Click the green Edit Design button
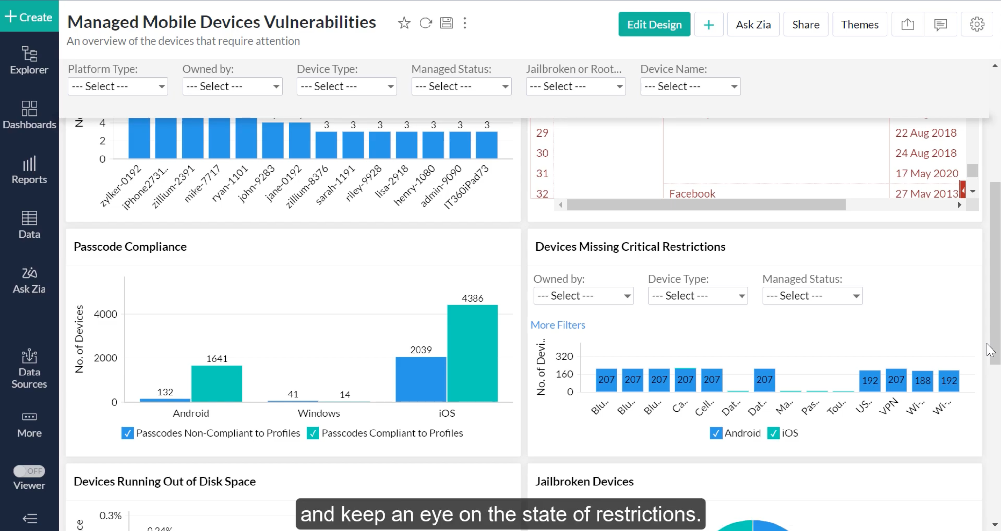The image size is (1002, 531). pos(654,25)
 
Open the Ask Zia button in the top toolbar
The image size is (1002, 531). pos(753,25)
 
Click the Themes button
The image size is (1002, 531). pos(859,25)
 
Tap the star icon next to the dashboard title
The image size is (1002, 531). pos(404,23)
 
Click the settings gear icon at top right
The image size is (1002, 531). pos(976,25)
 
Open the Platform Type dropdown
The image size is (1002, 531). pos(117,86)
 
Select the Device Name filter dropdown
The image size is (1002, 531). pos(690,86)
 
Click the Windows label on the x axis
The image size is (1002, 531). pos(319,413)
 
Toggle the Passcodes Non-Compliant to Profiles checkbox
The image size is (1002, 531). pos(127,433)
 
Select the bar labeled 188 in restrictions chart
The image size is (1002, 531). pos(922,381)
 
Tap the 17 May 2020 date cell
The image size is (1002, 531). pos(926,173)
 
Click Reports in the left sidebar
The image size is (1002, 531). pos(29,170)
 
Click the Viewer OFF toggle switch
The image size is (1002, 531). pos(29,471)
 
